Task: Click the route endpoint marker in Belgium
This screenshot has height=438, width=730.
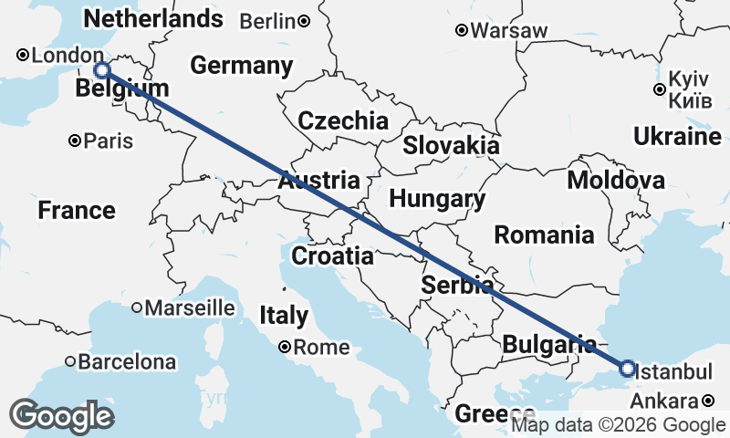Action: coord(102,70)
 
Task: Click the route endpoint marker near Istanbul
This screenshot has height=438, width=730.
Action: coord(627,369)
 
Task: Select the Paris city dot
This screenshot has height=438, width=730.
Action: coord(75,141)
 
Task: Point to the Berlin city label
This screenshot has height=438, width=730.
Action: coord(269,20)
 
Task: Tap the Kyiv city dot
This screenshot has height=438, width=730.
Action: coord(659,89)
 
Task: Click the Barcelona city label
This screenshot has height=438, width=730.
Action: coord(127,362)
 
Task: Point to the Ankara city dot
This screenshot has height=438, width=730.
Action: coord(709,401)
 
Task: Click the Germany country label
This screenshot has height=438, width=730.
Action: coord(242,66)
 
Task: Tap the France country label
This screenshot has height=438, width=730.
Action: coord(77,211)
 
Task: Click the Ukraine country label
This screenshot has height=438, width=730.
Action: coord(677,137)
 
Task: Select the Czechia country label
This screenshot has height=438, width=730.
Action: coord(343,120)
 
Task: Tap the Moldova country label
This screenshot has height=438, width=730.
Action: coord(616,180)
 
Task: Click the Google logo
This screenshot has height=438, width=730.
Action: coord(62,416)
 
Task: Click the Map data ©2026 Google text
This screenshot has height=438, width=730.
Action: coord(618,424)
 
